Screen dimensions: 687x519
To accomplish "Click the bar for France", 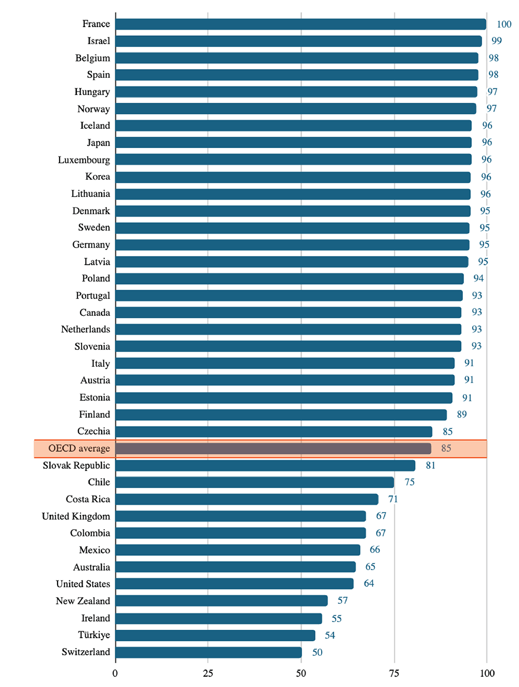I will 301,24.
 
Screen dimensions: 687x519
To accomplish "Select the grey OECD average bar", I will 273,448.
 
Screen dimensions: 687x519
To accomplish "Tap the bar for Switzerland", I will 208,652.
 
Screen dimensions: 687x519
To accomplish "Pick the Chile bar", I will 254,482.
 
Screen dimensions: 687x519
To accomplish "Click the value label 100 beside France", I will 503,24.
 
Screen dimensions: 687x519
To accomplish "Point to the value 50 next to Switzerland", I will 317,652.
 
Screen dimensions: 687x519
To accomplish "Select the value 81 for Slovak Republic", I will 430,465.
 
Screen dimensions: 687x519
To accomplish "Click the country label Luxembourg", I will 84,160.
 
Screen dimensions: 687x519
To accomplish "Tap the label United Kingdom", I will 76,516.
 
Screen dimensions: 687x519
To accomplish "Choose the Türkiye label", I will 94,635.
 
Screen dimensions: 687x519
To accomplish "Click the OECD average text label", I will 79,448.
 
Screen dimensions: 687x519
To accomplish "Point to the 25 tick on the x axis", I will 208,673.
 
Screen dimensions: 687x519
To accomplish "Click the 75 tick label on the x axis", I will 394,673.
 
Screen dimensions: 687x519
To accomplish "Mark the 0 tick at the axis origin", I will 115,673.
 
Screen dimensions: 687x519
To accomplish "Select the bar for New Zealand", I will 221,601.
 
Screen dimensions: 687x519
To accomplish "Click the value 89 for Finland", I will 461,414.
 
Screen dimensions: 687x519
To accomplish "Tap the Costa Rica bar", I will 247,500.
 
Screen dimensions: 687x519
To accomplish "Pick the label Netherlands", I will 86,329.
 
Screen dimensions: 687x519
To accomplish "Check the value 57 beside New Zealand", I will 343,601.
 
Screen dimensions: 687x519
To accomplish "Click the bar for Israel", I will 298,41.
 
